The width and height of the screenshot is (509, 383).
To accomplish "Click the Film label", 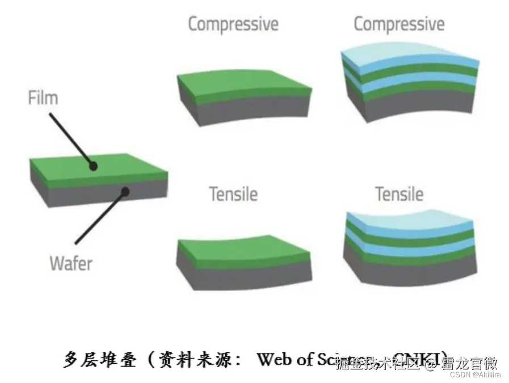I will [x=43, y=98].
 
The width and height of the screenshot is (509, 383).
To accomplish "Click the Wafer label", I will [x=70, y=263].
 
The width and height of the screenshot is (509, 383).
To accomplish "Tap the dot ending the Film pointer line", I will [x=93, y=166].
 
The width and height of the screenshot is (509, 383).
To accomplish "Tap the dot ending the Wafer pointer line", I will [x=125, y=192].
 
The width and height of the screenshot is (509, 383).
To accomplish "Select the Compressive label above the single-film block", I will [x=233, y=24].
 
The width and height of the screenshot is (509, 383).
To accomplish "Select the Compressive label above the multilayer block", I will [x=399, y=24].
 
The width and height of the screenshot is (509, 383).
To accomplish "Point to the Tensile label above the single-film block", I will [x=233, y=194].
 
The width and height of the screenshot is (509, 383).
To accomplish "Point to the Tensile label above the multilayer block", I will [x=399, y=195].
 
